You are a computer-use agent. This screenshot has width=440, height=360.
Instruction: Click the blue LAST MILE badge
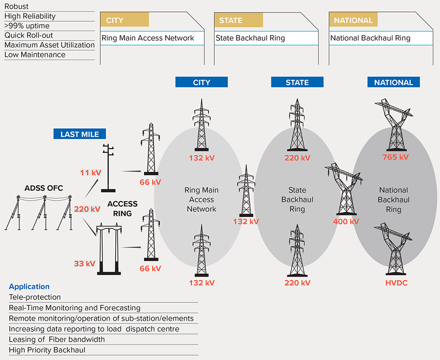80,134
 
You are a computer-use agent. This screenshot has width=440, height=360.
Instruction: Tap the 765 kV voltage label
396,157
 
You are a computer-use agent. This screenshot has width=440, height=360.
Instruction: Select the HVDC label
396,283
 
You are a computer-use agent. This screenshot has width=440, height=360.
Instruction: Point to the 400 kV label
346,222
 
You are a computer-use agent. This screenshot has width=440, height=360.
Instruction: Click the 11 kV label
91,173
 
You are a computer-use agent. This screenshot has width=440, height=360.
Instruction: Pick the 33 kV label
85,264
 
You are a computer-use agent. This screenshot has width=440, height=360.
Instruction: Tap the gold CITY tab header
125,20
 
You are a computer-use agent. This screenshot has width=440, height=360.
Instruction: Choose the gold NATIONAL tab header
353,20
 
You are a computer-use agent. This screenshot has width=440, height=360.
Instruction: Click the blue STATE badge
297,82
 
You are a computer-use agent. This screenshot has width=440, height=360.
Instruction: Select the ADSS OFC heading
44,188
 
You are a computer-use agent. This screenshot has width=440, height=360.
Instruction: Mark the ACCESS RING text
122,209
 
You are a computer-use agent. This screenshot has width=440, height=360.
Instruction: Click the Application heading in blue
29,287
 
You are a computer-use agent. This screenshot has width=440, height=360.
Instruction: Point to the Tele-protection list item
35,297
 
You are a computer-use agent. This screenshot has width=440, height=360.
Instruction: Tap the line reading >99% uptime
27,26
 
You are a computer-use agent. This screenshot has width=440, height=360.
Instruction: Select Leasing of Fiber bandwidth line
57,339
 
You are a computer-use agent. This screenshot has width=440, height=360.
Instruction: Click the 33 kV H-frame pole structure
109,249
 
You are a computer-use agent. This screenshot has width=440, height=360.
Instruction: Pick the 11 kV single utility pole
108,168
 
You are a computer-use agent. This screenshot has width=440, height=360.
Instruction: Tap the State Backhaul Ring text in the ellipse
297,200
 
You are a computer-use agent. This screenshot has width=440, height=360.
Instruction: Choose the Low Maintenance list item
35,55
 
